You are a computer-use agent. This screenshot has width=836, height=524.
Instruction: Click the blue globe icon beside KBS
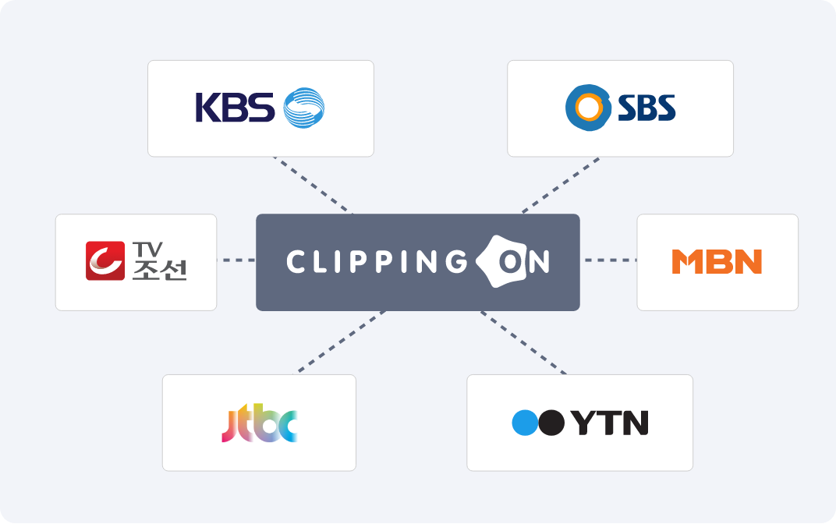pos(304,108)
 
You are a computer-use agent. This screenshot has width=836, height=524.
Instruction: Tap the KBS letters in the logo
pos(235,108)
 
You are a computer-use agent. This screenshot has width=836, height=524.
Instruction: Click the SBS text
pos(646,108)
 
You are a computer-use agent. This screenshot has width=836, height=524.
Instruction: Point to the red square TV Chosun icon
pos(105,260)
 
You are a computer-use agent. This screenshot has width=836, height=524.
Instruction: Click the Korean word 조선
pos(159,270)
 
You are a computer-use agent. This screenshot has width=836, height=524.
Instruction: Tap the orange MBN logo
pos(717,262)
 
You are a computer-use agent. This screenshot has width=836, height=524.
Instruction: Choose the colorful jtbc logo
pos(259,423)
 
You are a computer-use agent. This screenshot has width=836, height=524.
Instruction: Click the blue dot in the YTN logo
pos(525,423)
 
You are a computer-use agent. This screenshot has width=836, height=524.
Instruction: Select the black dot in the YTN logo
pos(551,423)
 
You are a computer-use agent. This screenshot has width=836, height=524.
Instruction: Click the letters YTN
pos(609,423)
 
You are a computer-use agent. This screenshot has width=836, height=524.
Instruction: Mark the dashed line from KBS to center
pos(312,185)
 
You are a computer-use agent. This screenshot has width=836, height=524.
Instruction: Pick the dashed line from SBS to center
pos(561,185)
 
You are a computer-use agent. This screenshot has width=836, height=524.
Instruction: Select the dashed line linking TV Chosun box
pos(236,260)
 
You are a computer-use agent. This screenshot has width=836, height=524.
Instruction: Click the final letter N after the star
pos(539,262)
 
